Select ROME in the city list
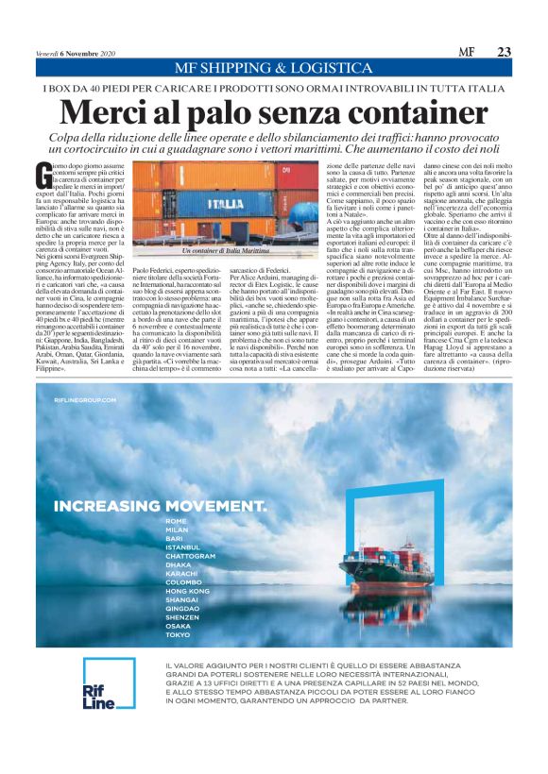176,521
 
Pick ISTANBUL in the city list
182,547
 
